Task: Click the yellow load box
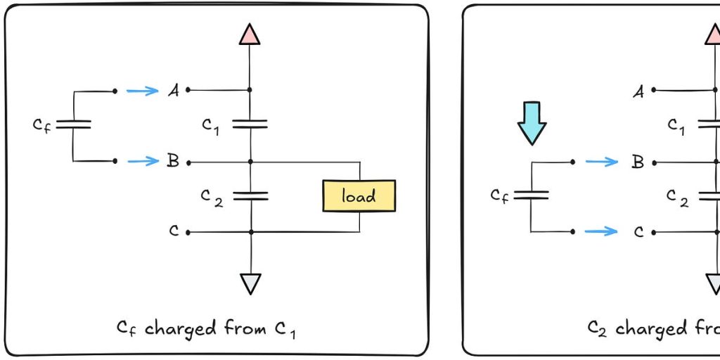[359, 196]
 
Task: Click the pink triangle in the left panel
[250, 34]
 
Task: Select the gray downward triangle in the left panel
[250, 283]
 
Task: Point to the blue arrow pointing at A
[143, 90]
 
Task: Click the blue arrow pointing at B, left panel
[143, 161]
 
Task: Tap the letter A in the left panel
[172, 90]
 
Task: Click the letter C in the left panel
[174, 231]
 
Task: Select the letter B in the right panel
[637, 162]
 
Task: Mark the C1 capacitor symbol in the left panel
[250, 124]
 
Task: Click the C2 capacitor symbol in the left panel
[250, 195]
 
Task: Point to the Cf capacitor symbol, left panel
[73, 124]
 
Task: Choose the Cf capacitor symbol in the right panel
[531, 195]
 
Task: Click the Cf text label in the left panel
[41, 125]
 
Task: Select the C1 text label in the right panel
[676, 126]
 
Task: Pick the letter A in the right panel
[638, 91]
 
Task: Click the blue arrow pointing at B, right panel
[601, 162]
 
